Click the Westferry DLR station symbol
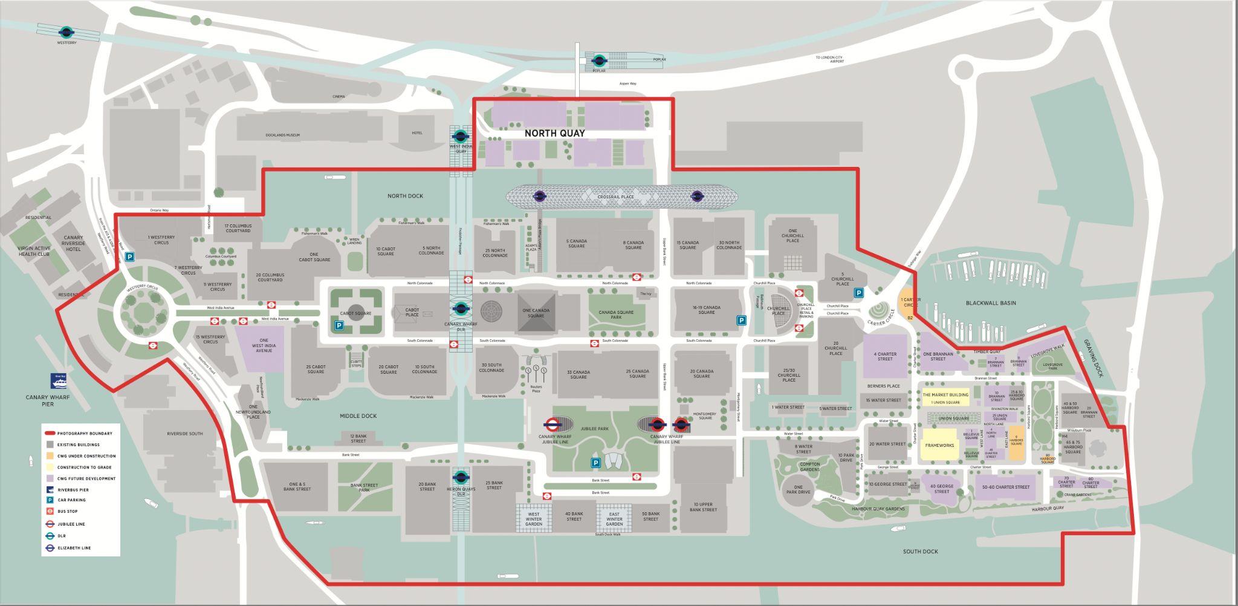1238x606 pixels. click(x=66, y=32)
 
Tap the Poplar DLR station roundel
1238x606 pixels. click(x=599, y=60)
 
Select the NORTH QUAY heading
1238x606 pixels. click(x=554, y=133)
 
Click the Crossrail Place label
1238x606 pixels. click(x=615, y=197)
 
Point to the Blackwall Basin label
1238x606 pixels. click(x=990, y=303)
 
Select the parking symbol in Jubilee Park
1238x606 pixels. click(x=595, y=463)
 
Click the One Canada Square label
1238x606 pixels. click(x=536, y=313)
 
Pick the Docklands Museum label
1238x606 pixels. click(x=282, y=135)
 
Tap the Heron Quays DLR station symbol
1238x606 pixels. click(x=461, y=475)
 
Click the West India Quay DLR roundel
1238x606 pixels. click(x=460, y=136)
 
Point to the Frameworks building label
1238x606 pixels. click(x=939, y=445)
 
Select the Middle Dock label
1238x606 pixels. click(x=358, y=416)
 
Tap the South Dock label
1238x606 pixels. click(x=920, y=552)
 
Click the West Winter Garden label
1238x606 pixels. click(x=534, y=519)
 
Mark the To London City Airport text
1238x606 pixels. click(x=829, y=59)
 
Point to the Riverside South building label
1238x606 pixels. click(x=185, y=434)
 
